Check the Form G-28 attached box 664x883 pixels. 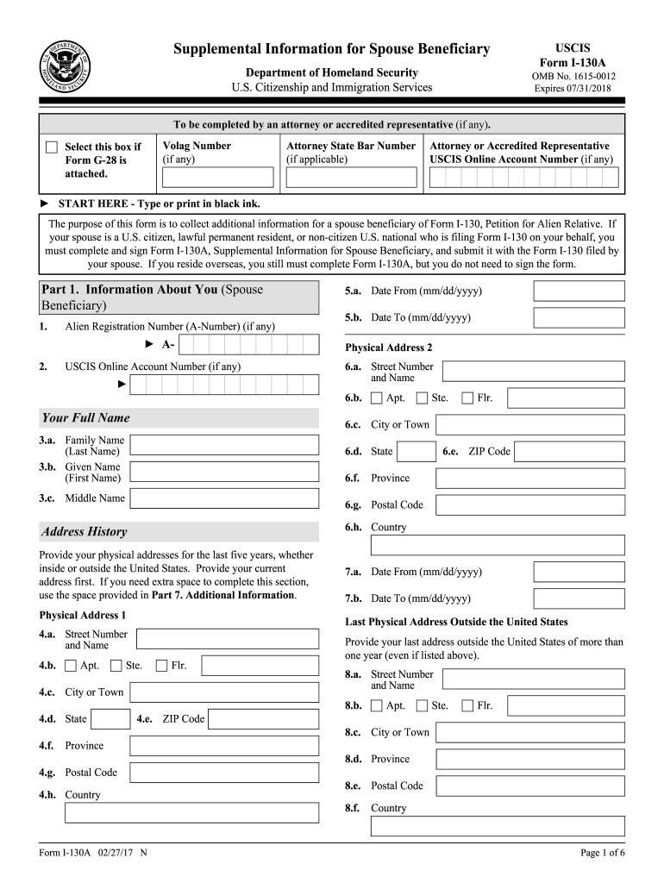click(x=52, y=147)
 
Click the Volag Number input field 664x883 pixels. click(x=217, y=177)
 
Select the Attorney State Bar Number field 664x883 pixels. click(x=351, y=177)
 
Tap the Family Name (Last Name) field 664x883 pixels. click(x=224, y=445)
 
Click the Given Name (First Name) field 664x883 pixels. click(x=224, y=472)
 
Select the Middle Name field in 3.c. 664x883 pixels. click(x=224, y=498)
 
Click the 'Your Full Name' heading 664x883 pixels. click(x=85, y=418)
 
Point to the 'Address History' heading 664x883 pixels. click(x=84, y=532)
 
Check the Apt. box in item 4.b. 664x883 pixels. click(x=71, y=666)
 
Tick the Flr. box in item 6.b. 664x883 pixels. click(x=467, y=398)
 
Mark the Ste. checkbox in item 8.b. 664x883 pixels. click(x=422, y=706)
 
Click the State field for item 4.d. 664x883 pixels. click(x=111, y=719)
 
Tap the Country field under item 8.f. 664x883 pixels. click(x=498, y=826)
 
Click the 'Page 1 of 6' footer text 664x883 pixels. click(x=603, y=854)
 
